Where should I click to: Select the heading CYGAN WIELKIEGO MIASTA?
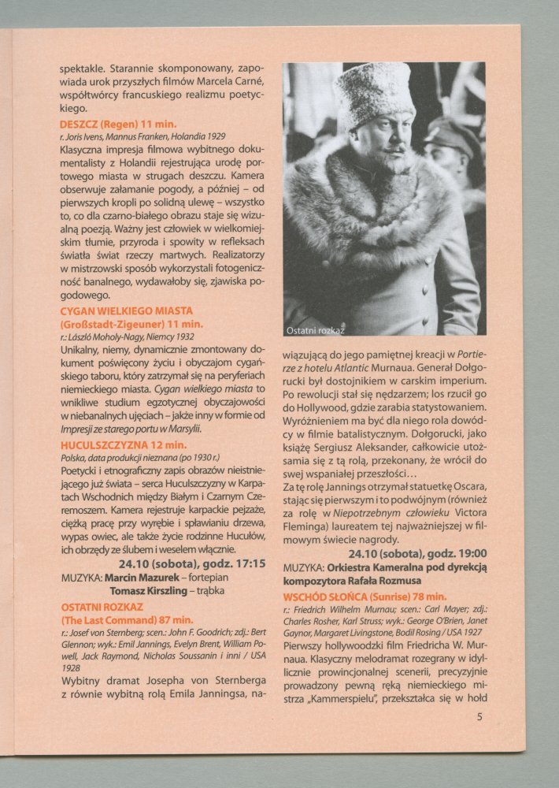click(126, 311)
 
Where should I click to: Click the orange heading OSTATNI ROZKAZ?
click(102, 608)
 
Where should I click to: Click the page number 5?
click(479, 717)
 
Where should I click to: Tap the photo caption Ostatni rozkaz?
click(316, 329)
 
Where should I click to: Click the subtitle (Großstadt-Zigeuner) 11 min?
click(131, 324)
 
